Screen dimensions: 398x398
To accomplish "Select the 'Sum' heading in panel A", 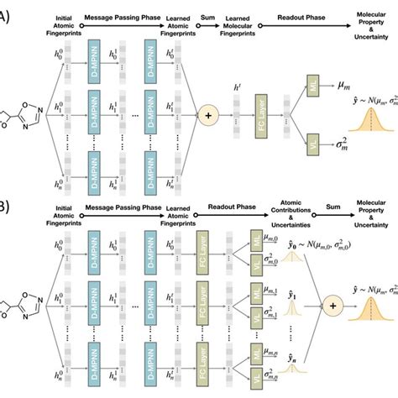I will point(206,15).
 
